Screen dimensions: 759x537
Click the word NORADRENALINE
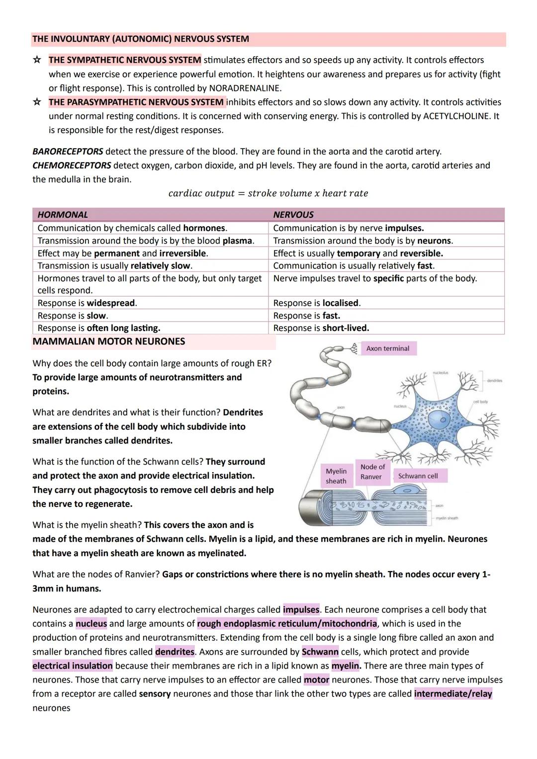tap(245, 88)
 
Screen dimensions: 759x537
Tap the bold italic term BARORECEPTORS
tap(68, 152)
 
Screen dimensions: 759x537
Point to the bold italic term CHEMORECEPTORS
tap(72, 166)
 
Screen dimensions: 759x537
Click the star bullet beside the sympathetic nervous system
tap(37, 60)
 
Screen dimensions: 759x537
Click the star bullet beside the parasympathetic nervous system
tap(37, 102)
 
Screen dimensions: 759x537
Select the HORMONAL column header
tap(63, 215)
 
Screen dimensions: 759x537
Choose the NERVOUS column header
tap(293, 215)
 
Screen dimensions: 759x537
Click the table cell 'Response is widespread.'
tap(87, 303)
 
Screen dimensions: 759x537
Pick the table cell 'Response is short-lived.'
tap(321, 328)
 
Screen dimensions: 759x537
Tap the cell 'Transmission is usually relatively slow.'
tap(115, 266)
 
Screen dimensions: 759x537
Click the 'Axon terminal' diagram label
tap(388, 348)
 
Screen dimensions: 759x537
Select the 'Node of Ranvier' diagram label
tap(372, 472)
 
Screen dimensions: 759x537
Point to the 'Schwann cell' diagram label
tap(418, 476)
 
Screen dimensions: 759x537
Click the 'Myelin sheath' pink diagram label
tap(336, 476)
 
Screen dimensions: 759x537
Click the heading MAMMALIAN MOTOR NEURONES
tap(108, 341)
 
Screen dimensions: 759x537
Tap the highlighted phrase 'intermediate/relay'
tap(453, 694)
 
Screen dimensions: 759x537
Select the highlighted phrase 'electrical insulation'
tap(73, 666)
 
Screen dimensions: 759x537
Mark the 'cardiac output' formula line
tap(268, 193)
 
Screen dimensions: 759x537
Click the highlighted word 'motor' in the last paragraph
tap(316, 679)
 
